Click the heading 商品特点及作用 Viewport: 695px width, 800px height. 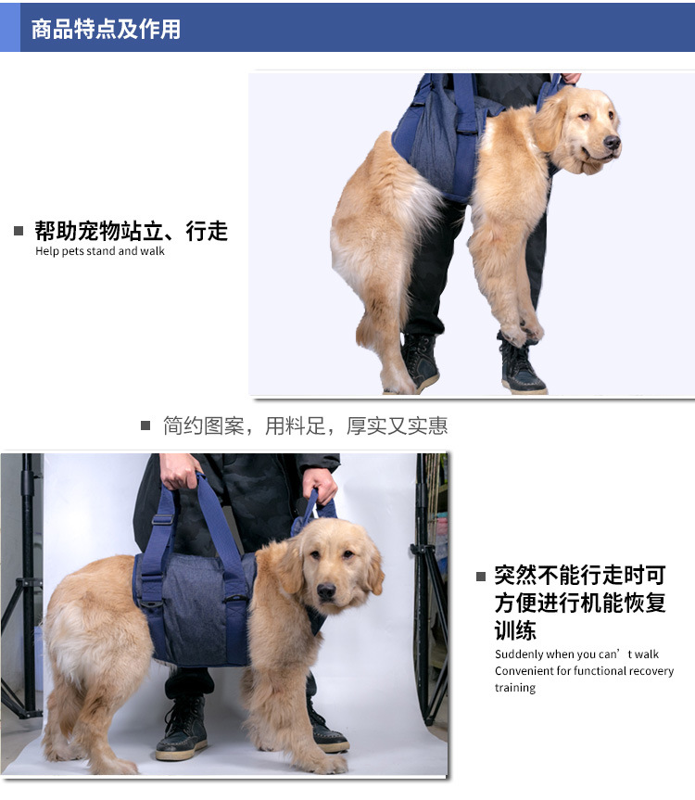point(106,29)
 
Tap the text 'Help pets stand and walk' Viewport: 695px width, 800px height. point(100,251)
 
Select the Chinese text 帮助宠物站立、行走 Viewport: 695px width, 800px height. point(131,231)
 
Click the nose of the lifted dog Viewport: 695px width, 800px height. point(611,142)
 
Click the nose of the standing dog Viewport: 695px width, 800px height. point(325,590)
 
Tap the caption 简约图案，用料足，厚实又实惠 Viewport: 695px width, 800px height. point(305,426)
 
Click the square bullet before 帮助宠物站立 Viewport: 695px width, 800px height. point(19,231)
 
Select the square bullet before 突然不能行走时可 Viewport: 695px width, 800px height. point(481,577)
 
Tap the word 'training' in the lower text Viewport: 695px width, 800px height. point(515,688)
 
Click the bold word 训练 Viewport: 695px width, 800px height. point(515,631)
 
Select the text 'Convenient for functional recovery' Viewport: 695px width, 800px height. point(584,671)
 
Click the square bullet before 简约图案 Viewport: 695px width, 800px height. point(145,426)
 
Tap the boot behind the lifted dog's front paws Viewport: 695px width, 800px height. point(521,367)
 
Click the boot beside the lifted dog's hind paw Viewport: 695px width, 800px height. point(420,362)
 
